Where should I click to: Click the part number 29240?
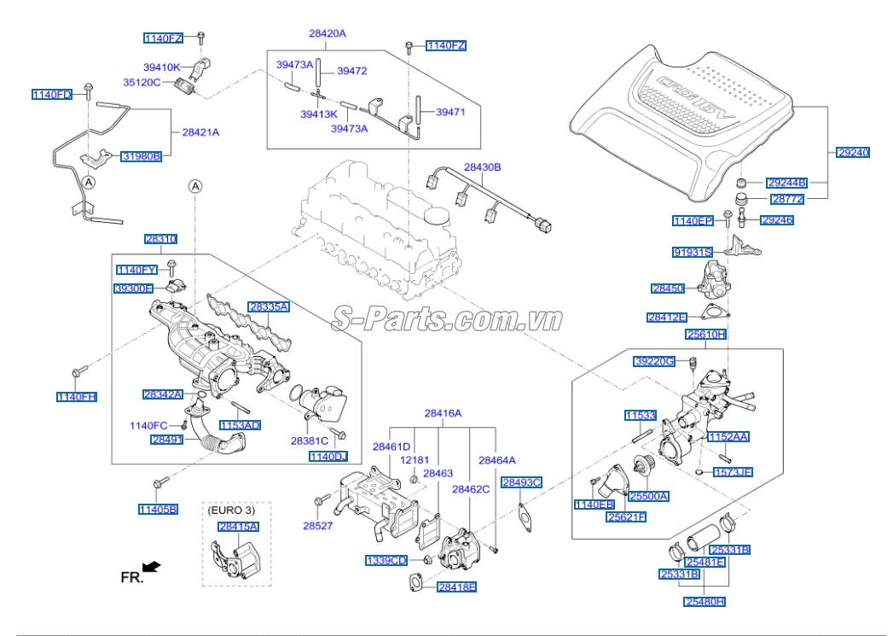tap(853, 153)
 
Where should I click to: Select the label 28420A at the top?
tap(328, 33)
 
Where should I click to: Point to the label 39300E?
tap(135, 289)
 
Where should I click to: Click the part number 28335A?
tap(269, 306)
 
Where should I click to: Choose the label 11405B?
tap(158, 510)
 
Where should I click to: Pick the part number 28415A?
tap(238, 527)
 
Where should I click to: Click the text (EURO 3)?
tap(231, 510)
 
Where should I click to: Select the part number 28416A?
tap(443, 413)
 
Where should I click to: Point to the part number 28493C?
tap(521, 482)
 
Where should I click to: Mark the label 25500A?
tap(649, 496)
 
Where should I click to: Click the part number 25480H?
tap(705, 602)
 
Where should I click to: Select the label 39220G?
tap(655, 362)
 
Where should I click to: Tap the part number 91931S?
tap(692, 253)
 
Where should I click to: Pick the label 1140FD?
tap(52, 94)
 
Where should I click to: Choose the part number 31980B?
tap(141, 156)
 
